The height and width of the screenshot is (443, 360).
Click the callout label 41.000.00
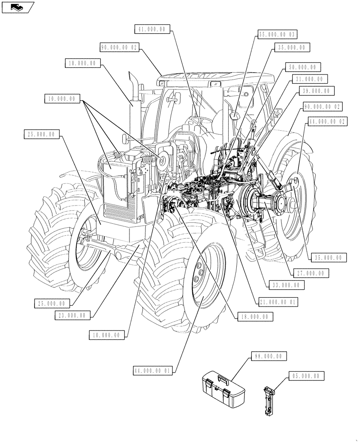152,29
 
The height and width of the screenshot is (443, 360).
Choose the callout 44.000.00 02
327,120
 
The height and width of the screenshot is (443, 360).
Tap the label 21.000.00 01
278,302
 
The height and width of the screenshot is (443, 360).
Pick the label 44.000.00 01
155,369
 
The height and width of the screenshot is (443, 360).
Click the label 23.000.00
74,315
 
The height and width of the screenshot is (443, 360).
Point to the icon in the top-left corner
17,6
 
